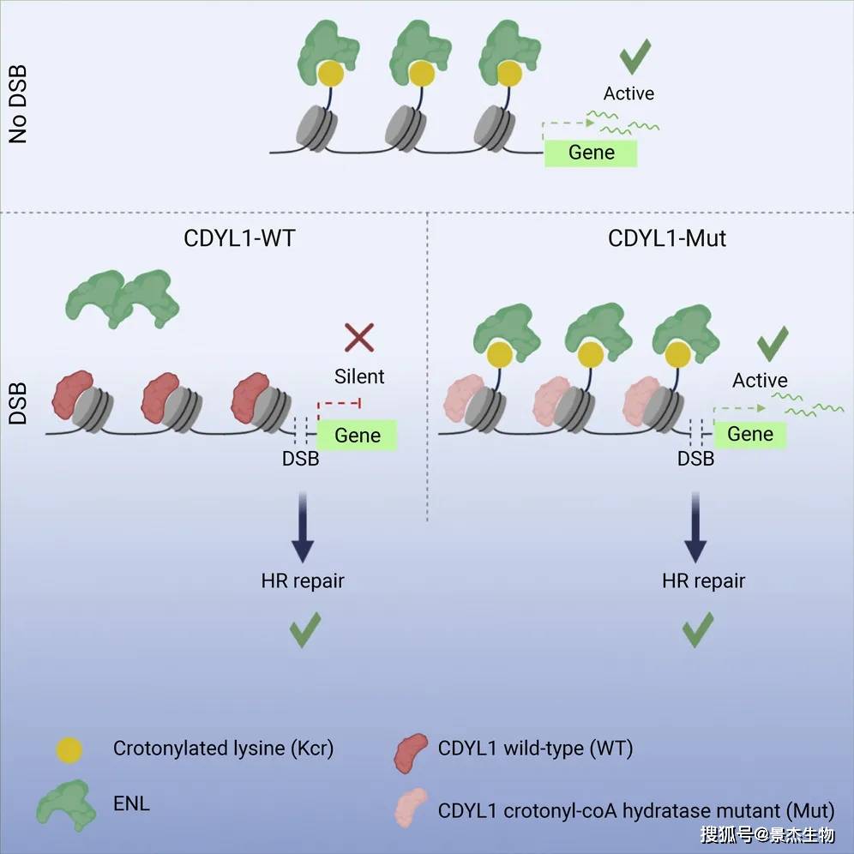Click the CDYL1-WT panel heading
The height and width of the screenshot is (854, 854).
(239, 238)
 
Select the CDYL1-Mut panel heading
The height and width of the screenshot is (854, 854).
(667, 238)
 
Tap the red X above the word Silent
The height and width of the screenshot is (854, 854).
(358, 337)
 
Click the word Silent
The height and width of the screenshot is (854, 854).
(359, 376)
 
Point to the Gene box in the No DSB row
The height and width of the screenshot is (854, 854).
(592, 153)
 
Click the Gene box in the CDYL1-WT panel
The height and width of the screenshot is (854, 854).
(358, 435)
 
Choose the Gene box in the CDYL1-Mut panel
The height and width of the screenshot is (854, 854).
(750, 434)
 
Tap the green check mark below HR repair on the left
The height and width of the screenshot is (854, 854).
(304, 629)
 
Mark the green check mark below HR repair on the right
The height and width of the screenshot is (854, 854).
(699, 630)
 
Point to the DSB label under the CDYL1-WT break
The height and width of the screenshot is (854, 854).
(300, 460)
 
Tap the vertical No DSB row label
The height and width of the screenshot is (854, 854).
(18, 107)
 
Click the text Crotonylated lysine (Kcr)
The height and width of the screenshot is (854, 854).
(223, 749)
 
